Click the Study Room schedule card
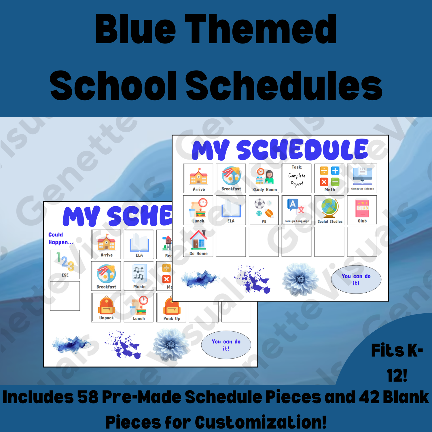pos(264,178)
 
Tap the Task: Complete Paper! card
pos(297,178)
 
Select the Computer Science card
pos(362,178)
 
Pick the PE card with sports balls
pos(264,210)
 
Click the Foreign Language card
pos(297,210)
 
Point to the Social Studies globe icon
pos(330,207)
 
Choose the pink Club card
pos(362,210)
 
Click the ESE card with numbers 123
pos(65,264)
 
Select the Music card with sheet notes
pos(139,276)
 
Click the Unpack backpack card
pos(106,307)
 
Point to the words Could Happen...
pos(60,238)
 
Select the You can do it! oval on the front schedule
pos(356,279)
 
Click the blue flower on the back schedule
pos(171,344)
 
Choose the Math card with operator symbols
pos(329,178)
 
